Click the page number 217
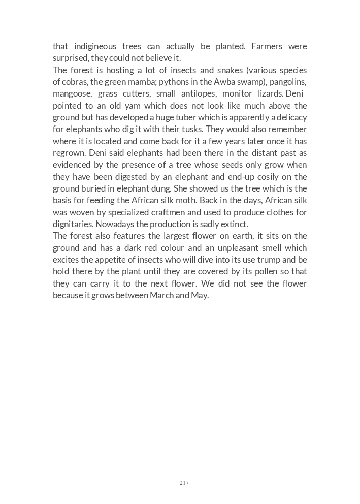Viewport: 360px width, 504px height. coord(184,483)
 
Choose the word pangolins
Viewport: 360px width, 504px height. coord(289,82)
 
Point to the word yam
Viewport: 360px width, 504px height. coord(118,106)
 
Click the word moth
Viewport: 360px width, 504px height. coord(219,200)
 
